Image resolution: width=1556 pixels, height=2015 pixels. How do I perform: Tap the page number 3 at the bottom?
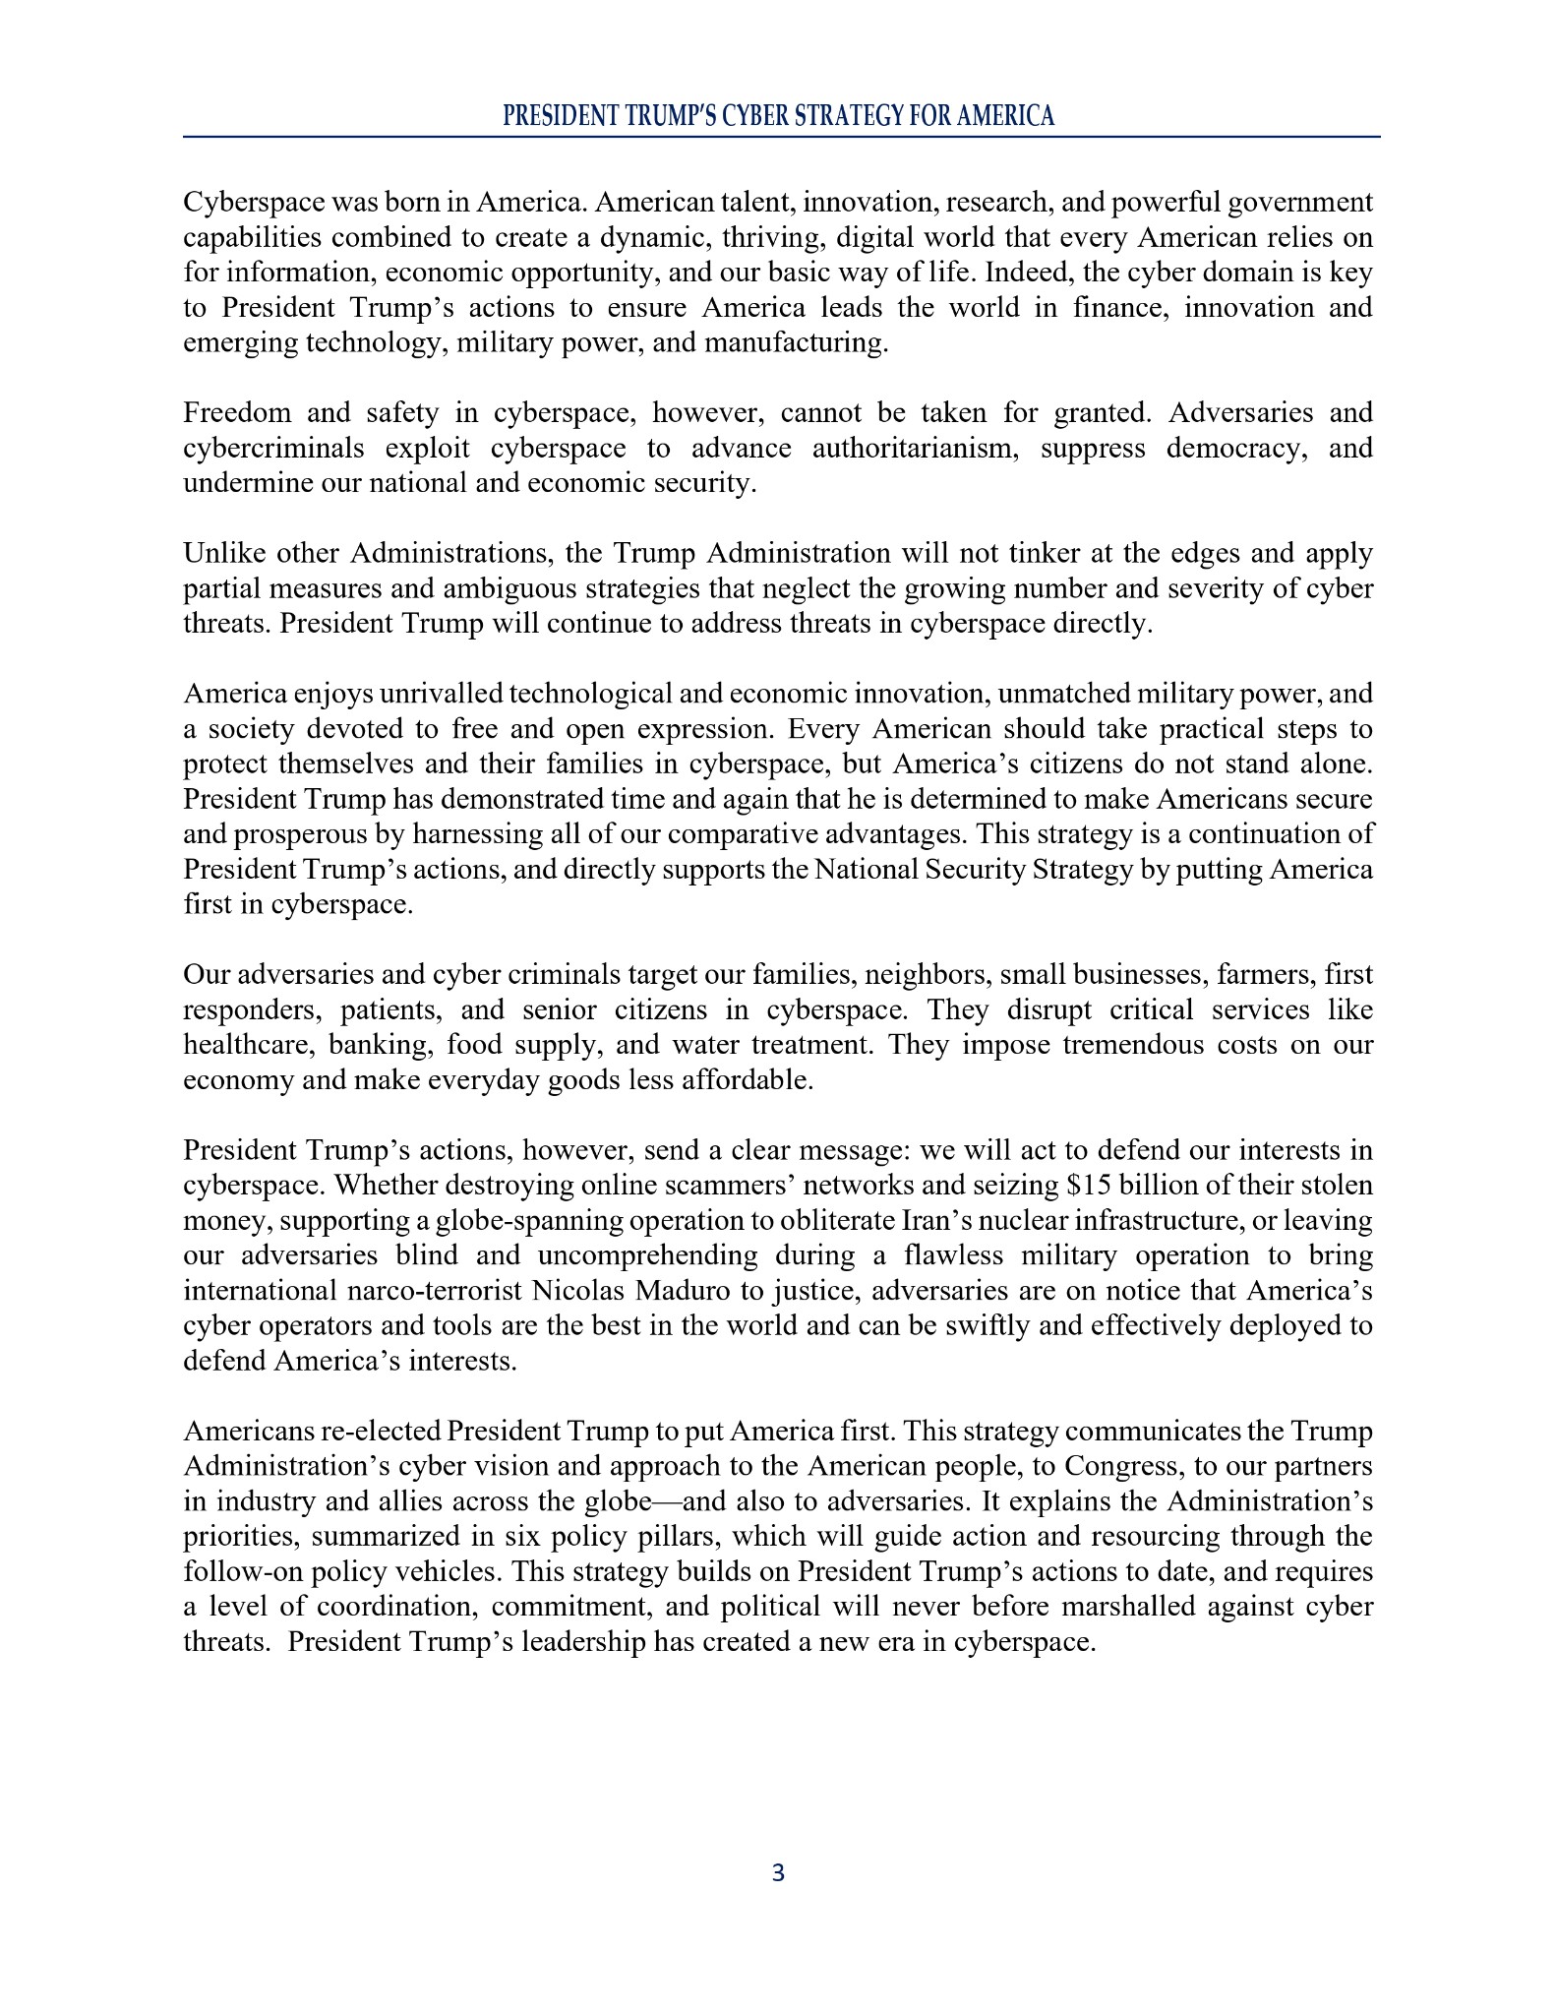click(778, 1873)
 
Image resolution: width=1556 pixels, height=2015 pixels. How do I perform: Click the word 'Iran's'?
click(938, 1221)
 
